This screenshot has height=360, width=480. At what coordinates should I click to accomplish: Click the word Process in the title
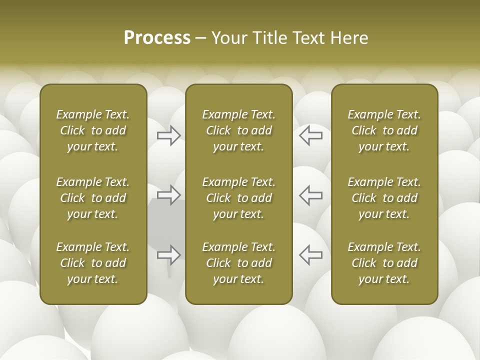tap(157, 38)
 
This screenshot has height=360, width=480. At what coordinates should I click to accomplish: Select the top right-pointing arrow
tap(169, 135)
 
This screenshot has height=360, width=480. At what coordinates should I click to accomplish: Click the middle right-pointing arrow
tap(169, 195)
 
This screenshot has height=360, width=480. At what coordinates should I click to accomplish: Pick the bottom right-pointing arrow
tap(169, 255)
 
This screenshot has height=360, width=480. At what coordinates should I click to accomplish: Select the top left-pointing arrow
tap(310, 135)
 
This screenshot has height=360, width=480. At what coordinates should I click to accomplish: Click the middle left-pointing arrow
tap(310, 195)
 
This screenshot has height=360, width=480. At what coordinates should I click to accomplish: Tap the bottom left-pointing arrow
tap(310, 255)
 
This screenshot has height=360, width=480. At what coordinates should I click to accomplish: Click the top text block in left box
tap(93, 130)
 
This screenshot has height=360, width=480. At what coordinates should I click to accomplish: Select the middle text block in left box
tap(93, 198)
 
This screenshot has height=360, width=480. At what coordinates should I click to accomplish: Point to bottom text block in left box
tap(93, 263)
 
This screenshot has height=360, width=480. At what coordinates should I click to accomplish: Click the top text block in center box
tap(239, 130)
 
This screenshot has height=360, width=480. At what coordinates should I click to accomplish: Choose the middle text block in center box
tap(239, 198)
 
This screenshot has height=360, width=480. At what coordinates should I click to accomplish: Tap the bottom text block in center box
tap(239, 263)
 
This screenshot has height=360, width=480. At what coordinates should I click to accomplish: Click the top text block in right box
tap(384, 130)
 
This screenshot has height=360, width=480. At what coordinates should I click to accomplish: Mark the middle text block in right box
tap(384, 198)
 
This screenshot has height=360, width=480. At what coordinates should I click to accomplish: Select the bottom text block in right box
tap(384, 263)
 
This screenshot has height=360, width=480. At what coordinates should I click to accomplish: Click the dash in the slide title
tap(200, 38)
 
